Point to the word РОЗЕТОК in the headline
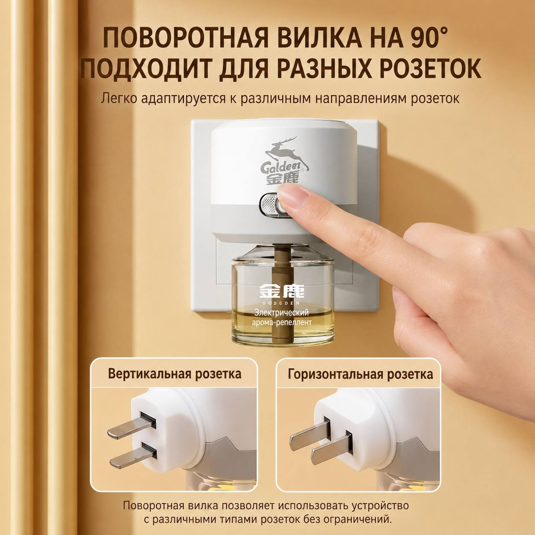tap(429, 68)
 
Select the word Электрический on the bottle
tap(282, 313)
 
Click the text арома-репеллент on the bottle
tap(282, 323)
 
